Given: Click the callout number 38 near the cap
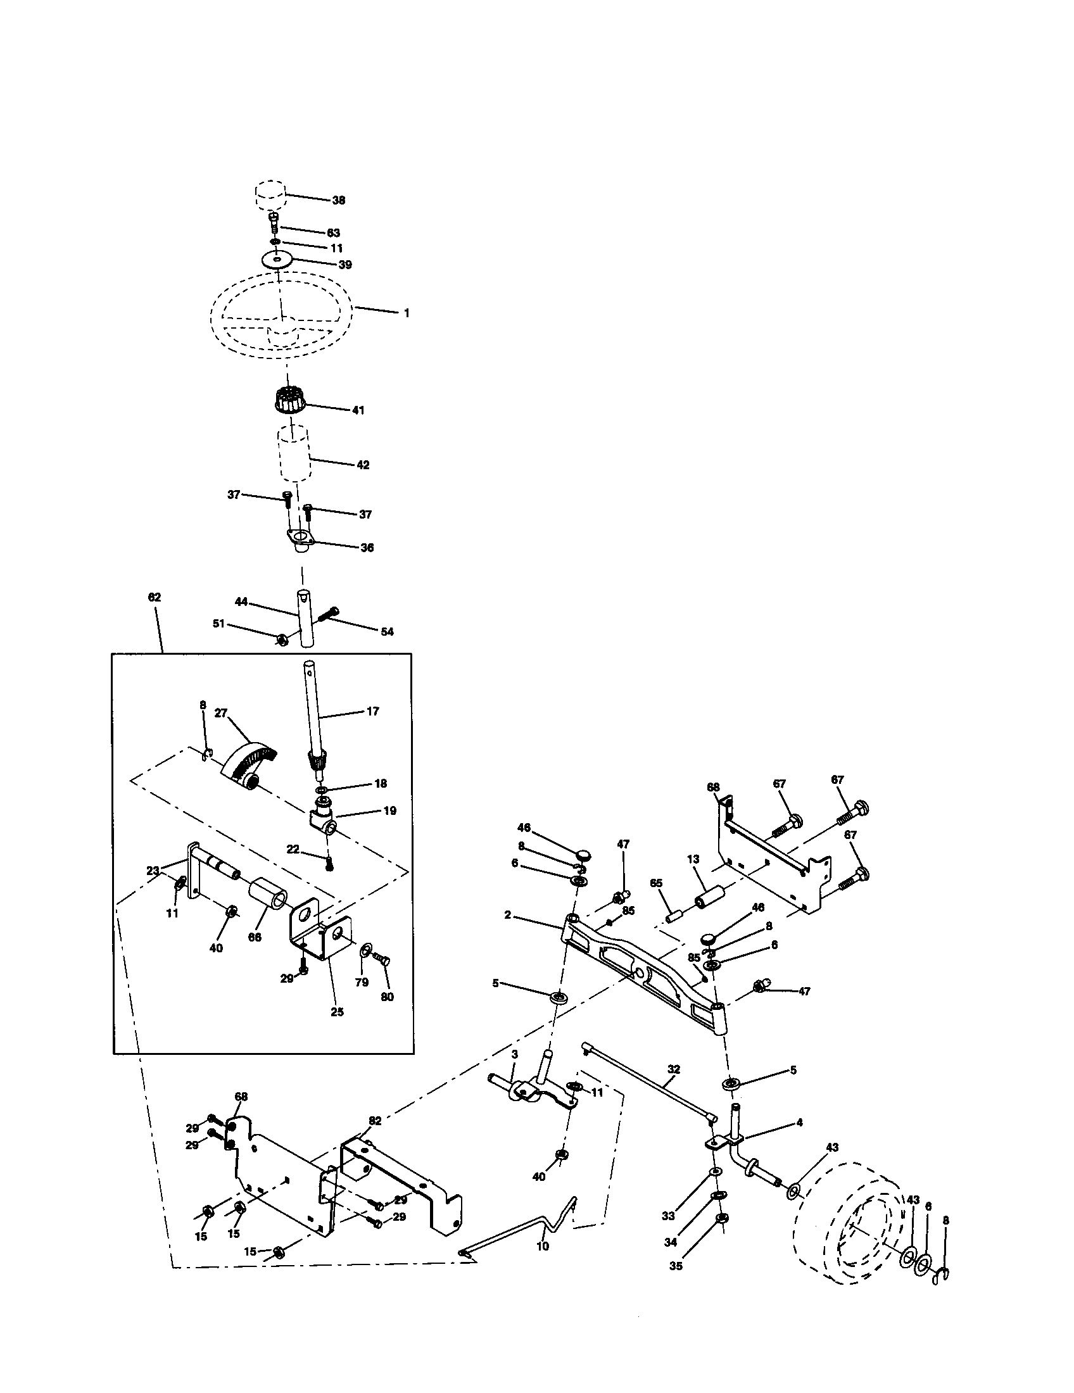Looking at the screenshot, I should coord(338,200).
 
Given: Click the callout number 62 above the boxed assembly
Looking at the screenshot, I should coord(154,597).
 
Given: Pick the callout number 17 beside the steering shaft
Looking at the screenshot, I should coord(372,710).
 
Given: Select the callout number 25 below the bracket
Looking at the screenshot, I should coord(337,1012).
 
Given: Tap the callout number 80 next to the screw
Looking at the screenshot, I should coord(387,997).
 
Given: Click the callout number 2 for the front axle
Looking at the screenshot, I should coord(508,915).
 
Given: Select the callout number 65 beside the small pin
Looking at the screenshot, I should coord(656,883).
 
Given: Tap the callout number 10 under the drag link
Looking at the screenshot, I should coord(543,1245).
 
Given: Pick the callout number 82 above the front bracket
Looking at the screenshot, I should coord(374,1120).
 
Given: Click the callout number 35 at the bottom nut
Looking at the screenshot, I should coord(676,1266).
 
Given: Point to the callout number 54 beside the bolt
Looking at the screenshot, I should coord(387,631).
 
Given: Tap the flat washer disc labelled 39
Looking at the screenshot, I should coord(278,260).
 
